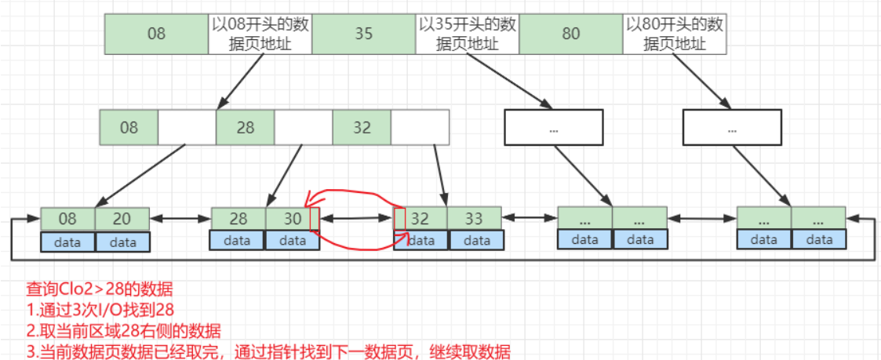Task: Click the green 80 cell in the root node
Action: (x=570, y=35)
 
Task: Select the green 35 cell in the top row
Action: (x=363, y=35)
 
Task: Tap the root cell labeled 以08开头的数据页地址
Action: (x=260, y=35)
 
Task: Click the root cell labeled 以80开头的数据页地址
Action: (x=675, y=35)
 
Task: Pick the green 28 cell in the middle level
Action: (x=245, y=127)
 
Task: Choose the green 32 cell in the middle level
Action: (x=361, y=127)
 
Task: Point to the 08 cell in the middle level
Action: (x=129, y=127)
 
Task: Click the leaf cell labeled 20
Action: (x=122, y=219)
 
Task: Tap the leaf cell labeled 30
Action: (x=291, y=219)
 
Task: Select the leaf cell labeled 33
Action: (x=474, y=219)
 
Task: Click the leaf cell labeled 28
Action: (x=238, y=219)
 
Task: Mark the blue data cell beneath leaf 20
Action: (x=122, y=242)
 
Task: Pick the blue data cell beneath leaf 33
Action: (x=474, y=242)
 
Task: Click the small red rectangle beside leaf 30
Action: (x=315, y=219)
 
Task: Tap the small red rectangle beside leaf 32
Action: (x=399, y=220)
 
